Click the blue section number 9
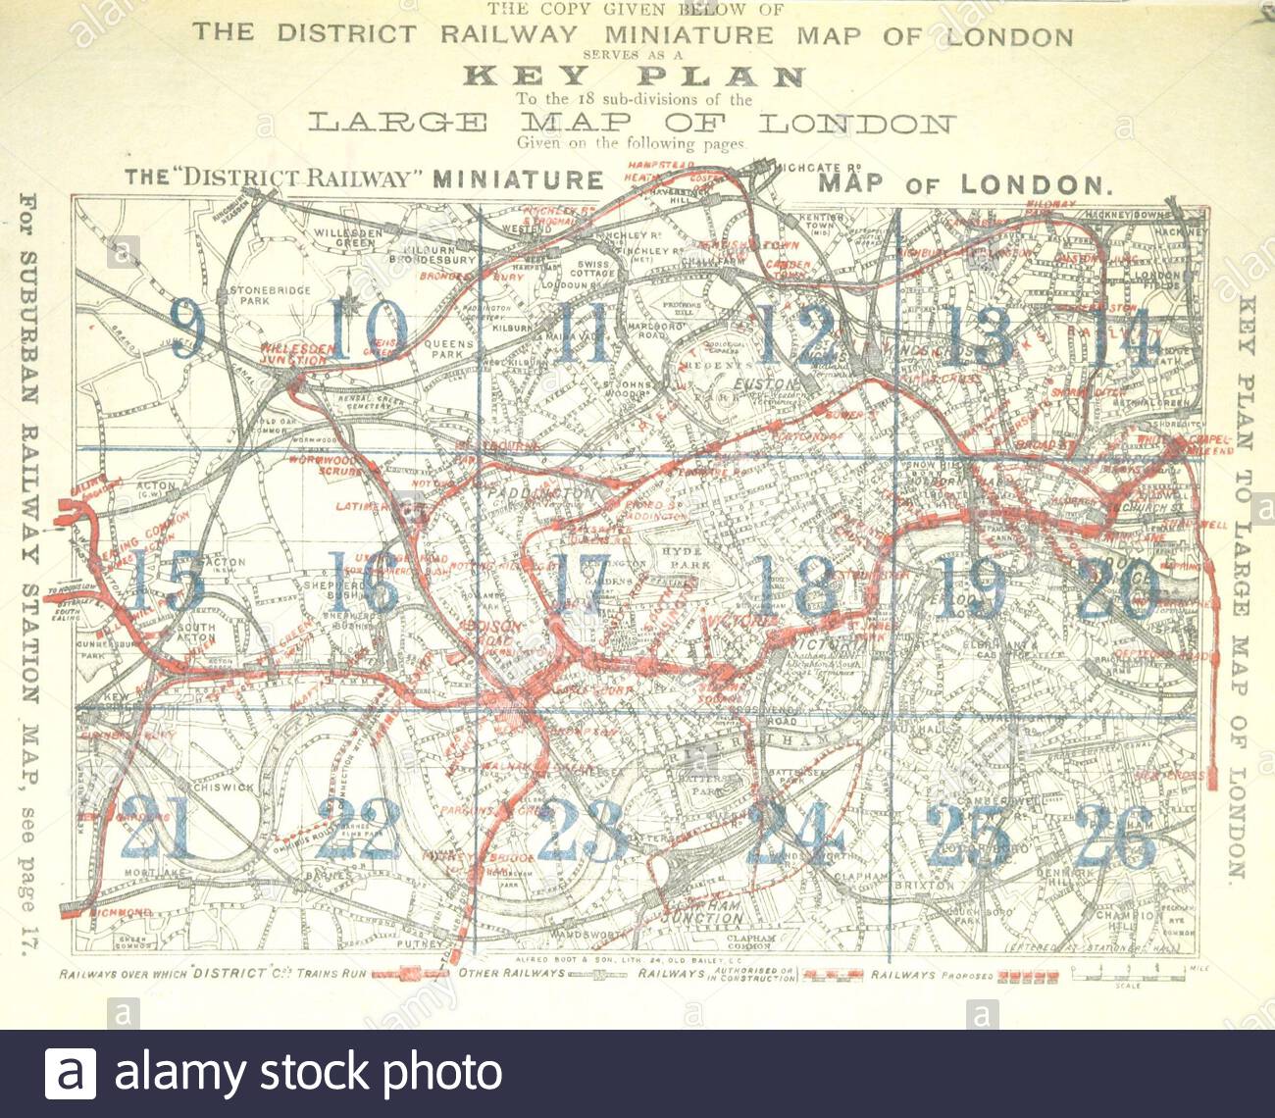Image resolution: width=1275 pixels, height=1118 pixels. pos(186,329)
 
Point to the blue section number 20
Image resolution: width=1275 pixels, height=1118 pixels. pos(1118,587)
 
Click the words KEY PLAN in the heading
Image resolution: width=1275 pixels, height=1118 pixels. pos(635,76)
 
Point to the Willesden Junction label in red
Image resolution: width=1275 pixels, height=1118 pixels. pos(294,354)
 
